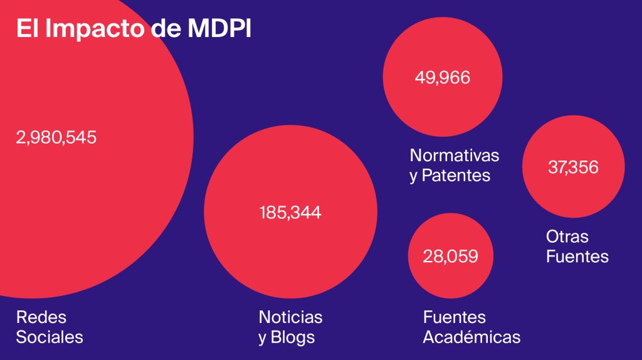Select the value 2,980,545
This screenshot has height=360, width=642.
pos(56,137)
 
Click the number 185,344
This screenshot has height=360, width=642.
pos(290,213)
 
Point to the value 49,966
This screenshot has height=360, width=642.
pos(442,78)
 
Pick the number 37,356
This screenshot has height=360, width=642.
pos(573,167)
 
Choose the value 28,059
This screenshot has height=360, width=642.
pos(451,256)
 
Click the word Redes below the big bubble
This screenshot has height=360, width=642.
pos(41,317)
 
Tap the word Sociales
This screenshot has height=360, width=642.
pos(50,337)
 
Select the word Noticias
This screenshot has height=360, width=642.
pos(290,317)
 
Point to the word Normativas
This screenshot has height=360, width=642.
pos(455,155)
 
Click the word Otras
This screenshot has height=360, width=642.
pos(567,236)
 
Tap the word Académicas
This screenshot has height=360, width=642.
pos(471,337)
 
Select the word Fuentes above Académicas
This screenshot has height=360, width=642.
pos(455,317)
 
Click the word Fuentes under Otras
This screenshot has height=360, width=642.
pos(577,257)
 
